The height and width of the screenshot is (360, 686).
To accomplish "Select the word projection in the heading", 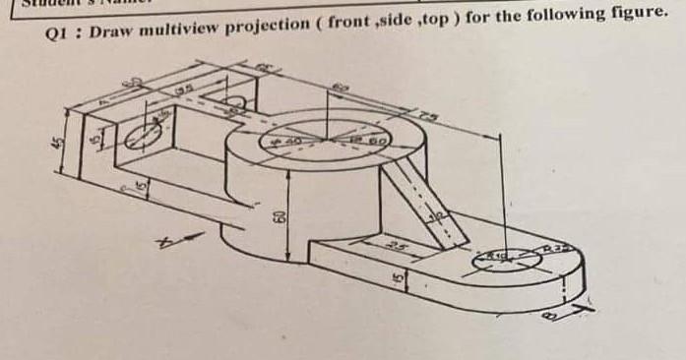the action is [266, 27].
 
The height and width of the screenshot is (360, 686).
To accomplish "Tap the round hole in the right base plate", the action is [499, 261].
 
